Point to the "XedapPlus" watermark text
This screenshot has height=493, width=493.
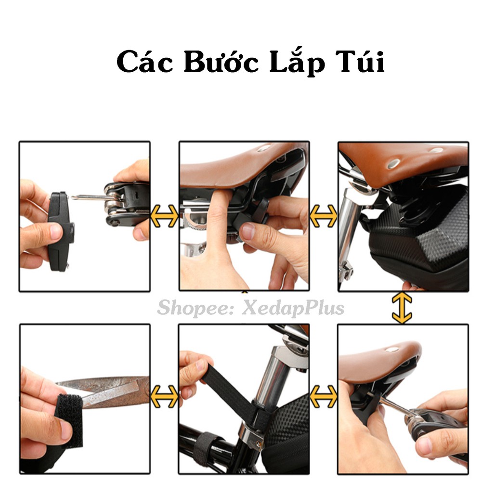point(293,308)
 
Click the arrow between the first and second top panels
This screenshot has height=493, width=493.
point(165,216)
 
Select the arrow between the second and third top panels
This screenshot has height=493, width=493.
point(324,216)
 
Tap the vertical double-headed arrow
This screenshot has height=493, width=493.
point(402,308)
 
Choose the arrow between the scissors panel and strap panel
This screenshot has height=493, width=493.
point(165,397)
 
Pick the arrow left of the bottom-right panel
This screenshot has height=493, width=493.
point(324,397)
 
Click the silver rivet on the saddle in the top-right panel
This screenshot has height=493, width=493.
point(393,163)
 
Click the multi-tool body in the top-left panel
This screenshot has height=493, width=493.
point(127,203)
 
